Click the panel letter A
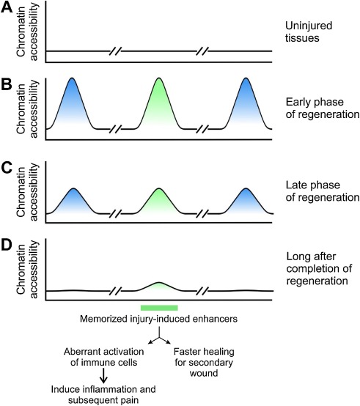point(7,7)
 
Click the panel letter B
point(7,84)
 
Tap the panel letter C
point(7,168)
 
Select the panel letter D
point(7,246)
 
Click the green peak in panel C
point(159,202)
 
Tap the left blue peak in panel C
point(73,202)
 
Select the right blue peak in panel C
point(246,202)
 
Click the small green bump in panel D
point(159,287)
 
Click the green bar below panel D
point(159,308)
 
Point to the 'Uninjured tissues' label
point(309,32)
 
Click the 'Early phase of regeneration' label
point(323,108)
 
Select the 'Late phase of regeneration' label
point(323,191)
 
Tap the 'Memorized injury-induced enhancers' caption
point(158,319)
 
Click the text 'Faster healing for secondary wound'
point(204,362)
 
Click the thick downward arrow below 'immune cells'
point(103,375)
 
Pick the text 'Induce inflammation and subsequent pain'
point(103,394)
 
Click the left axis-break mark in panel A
point(115,51)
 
